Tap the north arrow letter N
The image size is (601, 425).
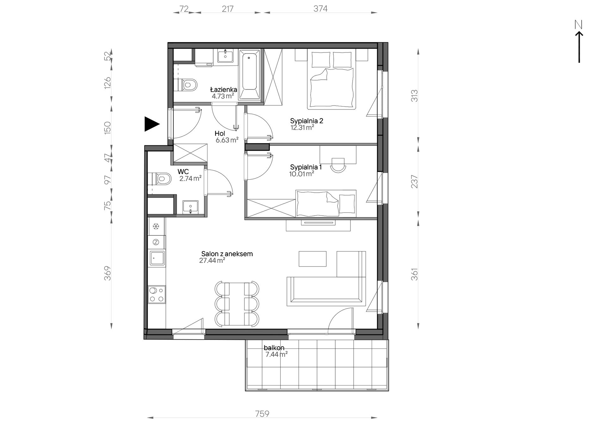579,24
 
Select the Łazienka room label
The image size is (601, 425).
224,90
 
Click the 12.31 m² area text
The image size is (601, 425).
302,128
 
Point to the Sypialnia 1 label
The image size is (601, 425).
306,167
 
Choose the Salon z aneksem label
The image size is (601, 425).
227,254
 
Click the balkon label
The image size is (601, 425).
274,348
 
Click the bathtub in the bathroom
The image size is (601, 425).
249,74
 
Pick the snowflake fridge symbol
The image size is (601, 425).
156,226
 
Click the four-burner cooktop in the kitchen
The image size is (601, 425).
157,294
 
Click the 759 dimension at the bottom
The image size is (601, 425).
262,414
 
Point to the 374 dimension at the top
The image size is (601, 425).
320,9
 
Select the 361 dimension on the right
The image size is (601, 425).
414,274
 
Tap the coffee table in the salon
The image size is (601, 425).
313,259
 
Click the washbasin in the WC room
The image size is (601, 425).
190,207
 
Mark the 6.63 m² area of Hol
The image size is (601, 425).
227,140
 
